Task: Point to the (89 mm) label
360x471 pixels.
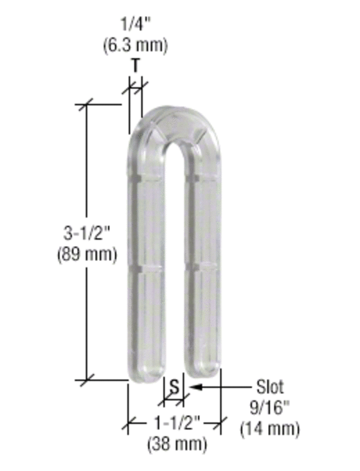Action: click(86, 254)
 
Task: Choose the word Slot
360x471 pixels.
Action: click(269, 387)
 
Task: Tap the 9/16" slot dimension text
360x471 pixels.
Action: click(270, 409)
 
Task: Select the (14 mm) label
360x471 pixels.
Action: click(270, 429)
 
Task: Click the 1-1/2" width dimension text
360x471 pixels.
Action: click(177, 421)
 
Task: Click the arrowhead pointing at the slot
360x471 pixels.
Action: click(194, 387)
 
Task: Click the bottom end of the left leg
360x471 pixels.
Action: click(146, 371)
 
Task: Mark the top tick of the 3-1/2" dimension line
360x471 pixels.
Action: click(86, 105)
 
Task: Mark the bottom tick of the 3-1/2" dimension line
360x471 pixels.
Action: click(86, 380)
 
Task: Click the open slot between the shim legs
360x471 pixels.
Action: click(174, 277)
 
